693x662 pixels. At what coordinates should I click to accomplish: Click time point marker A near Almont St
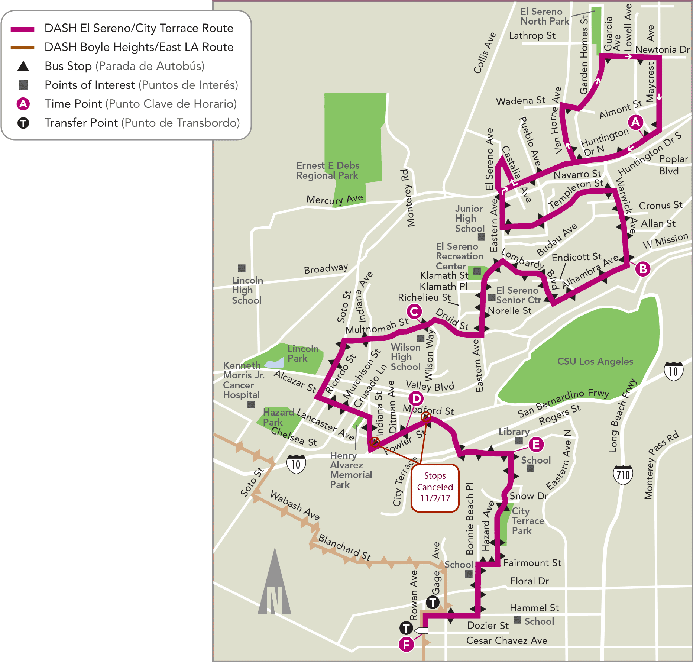[x=635, y=122]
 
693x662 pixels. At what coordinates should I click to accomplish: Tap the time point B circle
[x=643, y=268]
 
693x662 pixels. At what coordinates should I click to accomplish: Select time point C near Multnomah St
[x=414, y=311]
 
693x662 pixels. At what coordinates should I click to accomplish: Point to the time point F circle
[x=406, y=645]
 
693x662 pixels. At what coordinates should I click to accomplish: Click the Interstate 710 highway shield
[x=623, y=475]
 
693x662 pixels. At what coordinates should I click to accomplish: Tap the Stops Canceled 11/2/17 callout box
[x=435, y=487]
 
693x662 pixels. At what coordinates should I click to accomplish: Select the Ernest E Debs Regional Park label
[x=328, y=171]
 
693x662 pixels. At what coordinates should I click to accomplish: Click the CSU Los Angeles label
[x=595, y=361]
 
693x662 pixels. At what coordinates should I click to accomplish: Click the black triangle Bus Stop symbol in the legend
[x=23, y=66]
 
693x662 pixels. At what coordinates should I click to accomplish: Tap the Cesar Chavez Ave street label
[x=506, y=640]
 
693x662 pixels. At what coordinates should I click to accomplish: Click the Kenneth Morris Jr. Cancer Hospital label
[x=243, y=380]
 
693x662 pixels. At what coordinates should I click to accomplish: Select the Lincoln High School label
[x=247, y=290]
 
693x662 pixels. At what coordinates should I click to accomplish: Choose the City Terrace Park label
[x=527, y=521]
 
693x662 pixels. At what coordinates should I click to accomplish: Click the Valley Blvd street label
[x=430, y=386]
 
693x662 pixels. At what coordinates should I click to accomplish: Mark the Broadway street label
[x=326, y=268]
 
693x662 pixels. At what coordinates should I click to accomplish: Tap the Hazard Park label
[x=278, y=417]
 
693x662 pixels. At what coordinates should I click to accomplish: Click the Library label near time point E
[x=514, y=432]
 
